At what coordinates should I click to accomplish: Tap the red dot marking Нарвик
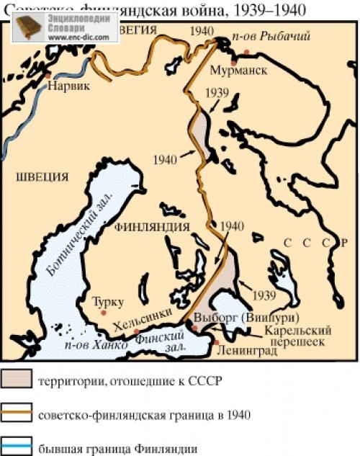pyautogui.click(x=48, y=74)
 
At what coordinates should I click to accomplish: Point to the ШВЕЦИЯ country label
pyautogui.click(x=42, y=176)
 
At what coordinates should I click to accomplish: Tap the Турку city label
pyautogui.click(x=109, y=300)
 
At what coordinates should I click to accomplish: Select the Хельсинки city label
pyautogui.click(x=148, y=314)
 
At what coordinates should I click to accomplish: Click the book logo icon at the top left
pyautogui.click(x=27, y=27)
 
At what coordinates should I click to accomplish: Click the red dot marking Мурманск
pyautogui.click(x=247, y=52)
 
